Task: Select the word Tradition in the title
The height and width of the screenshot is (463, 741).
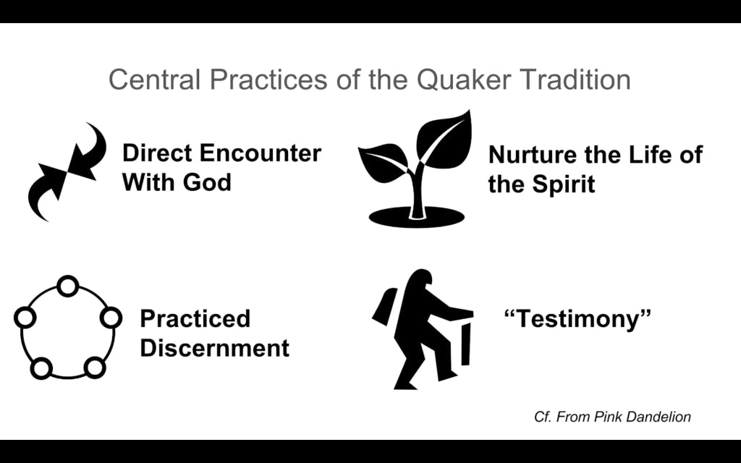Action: [575, 80]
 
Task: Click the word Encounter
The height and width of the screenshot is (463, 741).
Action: [260, 153]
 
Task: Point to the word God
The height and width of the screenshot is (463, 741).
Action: [207, 182]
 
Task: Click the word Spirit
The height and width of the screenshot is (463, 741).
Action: [563, 184]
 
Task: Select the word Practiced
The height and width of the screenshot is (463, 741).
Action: [195, 318]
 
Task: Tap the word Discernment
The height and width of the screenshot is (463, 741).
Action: [214, 348]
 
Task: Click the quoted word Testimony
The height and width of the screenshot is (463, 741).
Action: [577, 319]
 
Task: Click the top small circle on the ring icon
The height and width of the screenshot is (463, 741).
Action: [67, 286]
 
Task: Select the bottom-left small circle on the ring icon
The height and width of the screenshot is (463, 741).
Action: [41, 368]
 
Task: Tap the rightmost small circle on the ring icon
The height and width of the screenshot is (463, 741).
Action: [111, 318]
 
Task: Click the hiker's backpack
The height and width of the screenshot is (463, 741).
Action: [384, 307]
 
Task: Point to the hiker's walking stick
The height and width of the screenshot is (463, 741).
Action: [465, 344]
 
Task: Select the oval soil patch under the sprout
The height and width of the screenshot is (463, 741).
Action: [416, 217]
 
